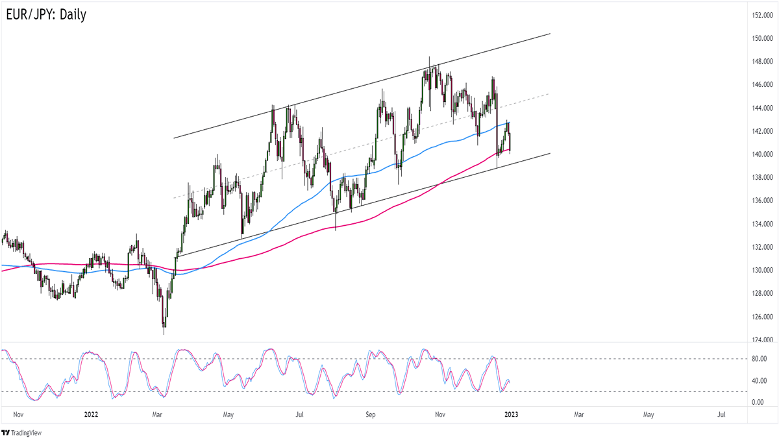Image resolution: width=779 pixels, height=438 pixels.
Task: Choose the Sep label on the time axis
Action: click(371, 413)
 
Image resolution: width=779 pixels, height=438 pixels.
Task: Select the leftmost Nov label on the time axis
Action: click(18, 413)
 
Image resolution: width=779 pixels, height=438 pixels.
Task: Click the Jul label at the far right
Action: click(721, 413)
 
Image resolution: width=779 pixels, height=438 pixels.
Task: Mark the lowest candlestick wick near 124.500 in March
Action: click(164, 334)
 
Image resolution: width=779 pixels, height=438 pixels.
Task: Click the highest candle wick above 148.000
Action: click(429, 58)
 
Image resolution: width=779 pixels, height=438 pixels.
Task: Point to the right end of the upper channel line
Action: click(550, 33)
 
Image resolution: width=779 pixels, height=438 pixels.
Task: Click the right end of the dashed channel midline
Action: click(549, 94)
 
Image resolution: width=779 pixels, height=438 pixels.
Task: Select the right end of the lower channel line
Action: click(550, 153)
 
